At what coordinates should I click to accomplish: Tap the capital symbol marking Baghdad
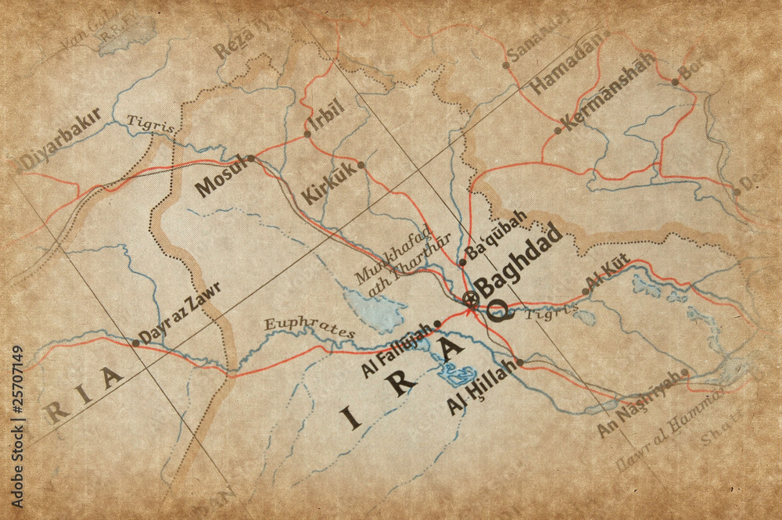pyautogui.click(x=470, y=298)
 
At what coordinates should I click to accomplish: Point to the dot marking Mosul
pyautogui.click(x=251, y=158)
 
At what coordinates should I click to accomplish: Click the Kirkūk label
pyautogui.click(x=332, y=184)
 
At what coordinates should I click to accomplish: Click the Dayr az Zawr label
pyautogui.click(x=182, y=311)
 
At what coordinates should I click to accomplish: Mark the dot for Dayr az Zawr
pyautogui.click(x=136, y=342)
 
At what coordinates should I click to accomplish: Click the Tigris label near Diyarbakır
pyautogui.click(x=149, y=122)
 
